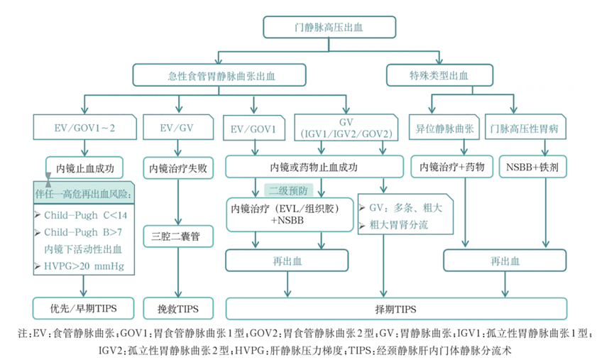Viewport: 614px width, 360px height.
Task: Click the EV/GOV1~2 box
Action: pyautogui.click(x=84, y=129)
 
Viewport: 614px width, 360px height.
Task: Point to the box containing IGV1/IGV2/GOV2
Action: pyautogui.click(x=345, y=129)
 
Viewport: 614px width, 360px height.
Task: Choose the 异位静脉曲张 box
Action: pyautogui.click(x=444, y=129)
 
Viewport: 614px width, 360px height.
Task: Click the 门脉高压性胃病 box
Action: pyautogui.click(x=525, y=129)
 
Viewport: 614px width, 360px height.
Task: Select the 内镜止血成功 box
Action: pyautogui.click(x=84, y=168)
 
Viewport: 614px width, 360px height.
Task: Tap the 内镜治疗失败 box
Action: pyautogui.click(x=178, y=168)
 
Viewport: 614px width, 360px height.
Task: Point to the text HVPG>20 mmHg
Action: pyautogui.click(x=84, y=267)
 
